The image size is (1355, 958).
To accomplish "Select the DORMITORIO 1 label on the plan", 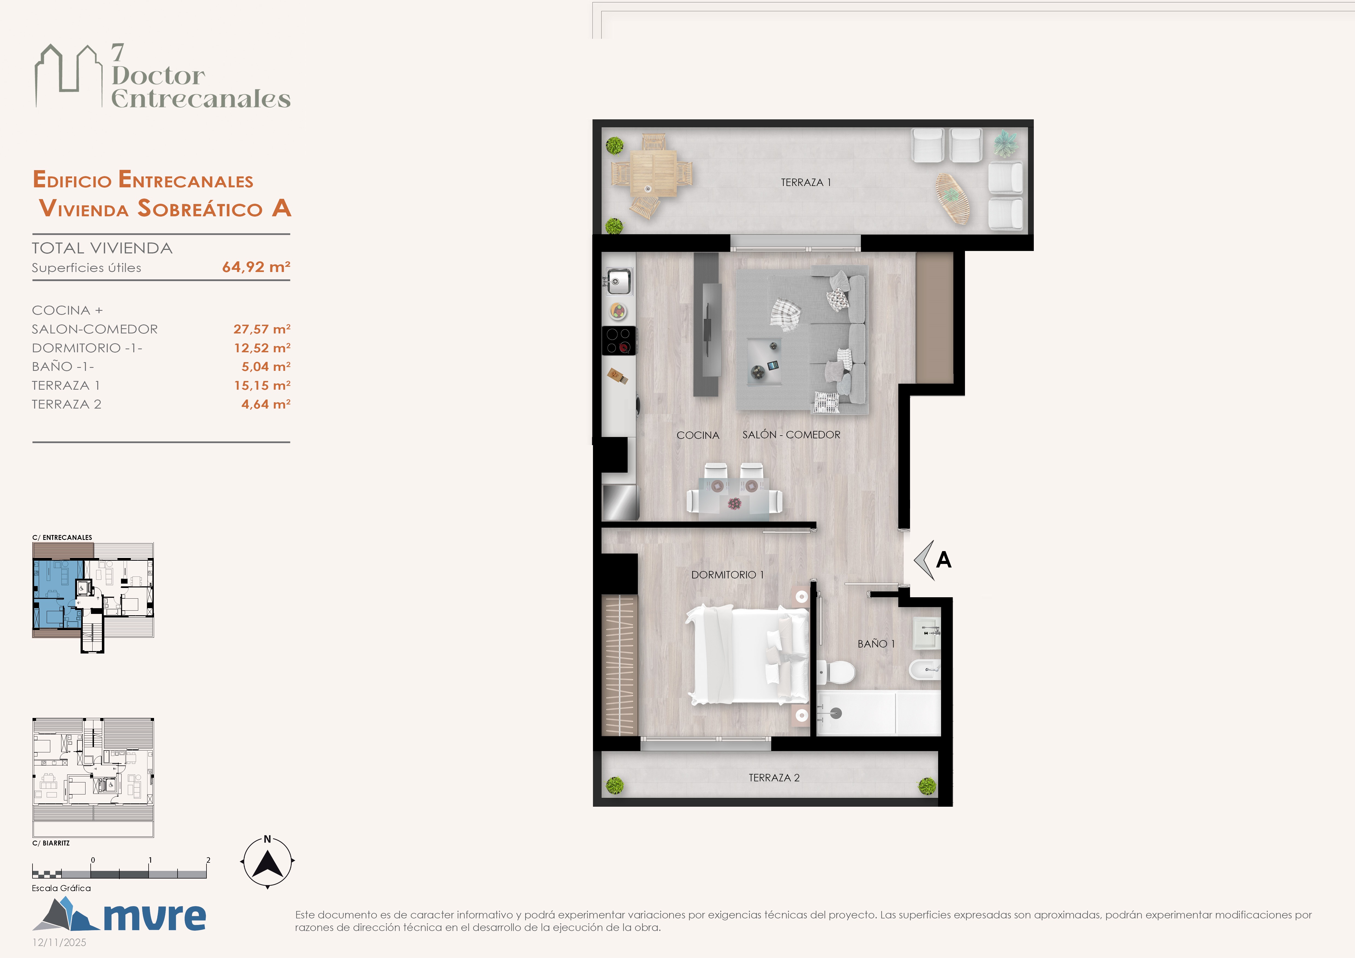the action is [727, 575].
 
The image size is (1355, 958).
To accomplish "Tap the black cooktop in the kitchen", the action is [618, 340].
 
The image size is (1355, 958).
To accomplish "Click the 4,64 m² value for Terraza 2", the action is [265, 404].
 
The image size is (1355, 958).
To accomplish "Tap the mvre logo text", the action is [155, 916].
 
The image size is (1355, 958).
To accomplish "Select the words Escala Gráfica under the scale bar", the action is [61, 888].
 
